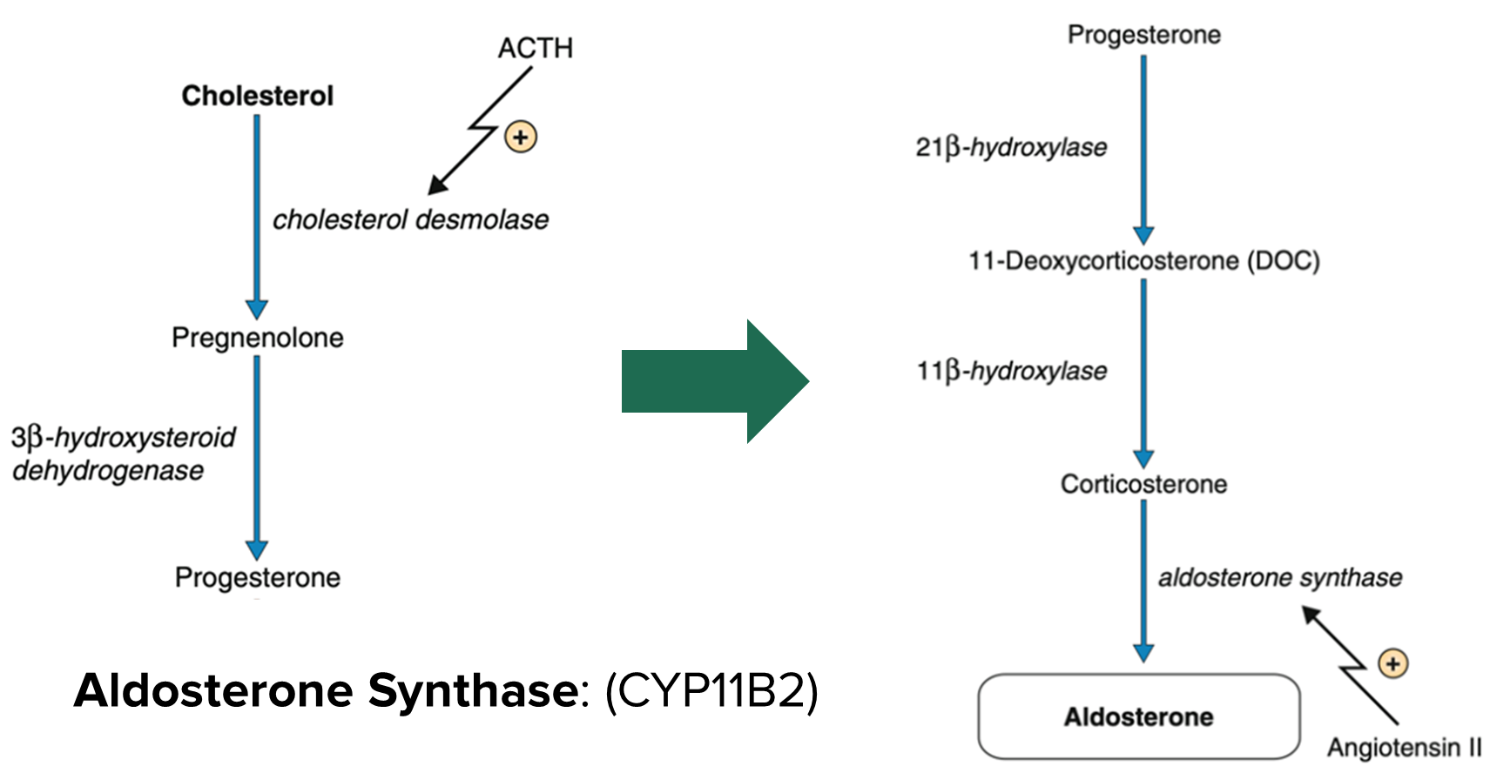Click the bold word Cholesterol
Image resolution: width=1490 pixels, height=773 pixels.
(x=257, y=96)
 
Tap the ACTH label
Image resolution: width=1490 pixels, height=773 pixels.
(x=535, y=48)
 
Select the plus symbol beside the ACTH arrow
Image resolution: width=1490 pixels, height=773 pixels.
(x=520, y=137)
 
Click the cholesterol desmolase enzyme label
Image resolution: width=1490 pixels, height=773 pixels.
(x=410, y=219)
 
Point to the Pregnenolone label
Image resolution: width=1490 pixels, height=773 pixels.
(x=257, y=337)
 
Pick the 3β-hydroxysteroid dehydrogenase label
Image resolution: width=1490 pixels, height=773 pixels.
(x=123, y=453)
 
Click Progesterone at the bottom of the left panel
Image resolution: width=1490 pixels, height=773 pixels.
(x=257, y=577)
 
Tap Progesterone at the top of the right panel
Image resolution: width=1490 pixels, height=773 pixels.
(x=1143, y=35)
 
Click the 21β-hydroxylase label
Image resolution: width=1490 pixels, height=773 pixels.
(x=1011, y=147)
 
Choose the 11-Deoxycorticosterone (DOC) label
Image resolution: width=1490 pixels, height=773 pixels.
(x=1143, y=260)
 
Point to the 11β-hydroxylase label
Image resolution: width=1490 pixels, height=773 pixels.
(x=1011, y=371)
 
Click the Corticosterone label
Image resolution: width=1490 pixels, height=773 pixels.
(x=1143, y=484)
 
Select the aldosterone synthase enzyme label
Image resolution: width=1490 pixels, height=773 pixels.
(x=1279, y=577)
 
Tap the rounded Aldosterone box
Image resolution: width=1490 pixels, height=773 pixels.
(x=1138, y=716)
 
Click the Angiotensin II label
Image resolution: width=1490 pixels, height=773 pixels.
(x=1404, y=747)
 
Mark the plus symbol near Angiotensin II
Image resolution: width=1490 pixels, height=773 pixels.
(x=1392, y=664)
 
